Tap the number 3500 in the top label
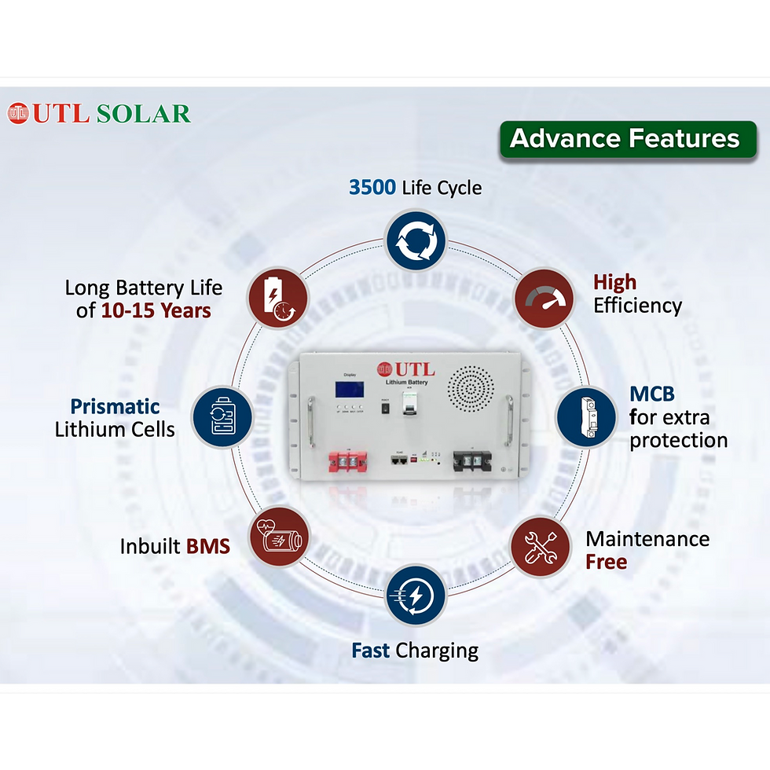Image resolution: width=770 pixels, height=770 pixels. click(x=372, y=188)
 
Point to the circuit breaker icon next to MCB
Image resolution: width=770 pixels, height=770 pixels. click(x=586, y=417)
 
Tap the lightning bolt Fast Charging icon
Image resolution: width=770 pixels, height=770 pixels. click(x=416, y=595)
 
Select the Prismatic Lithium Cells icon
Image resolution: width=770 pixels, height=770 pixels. click(x=222, y=417)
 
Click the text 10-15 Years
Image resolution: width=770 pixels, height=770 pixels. click(x=156, y=310)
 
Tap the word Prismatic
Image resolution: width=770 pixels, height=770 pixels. click(x=115, y=406)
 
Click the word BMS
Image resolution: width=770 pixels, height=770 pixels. click(x=207, y=546)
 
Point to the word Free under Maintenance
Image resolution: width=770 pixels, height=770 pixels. click(x=606, y=562)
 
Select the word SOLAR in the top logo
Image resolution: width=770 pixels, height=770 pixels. click(x=143, y=113)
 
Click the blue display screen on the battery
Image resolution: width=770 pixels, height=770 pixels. click(x=349, y=390)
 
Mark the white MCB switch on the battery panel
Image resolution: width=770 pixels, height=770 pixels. click(x=409, y=402)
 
